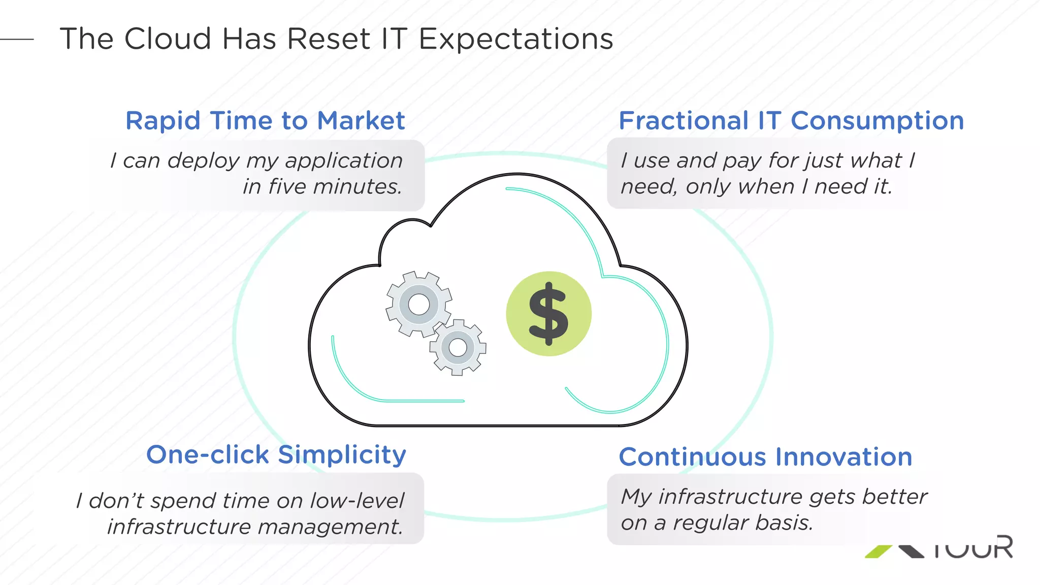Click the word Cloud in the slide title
pyautogui.click(x=168, y=39)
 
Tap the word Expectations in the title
pyautogui.click(x=516, y=40)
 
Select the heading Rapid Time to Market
pyautogui.click(x=265, y=121)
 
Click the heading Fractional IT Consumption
pyautogui.click(x=791, y=121)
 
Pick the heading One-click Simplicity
pyautogui.click(x=276, y=454)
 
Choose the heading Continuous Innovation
pyautogui.click(x=765, y=457)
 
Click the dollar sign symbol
pyautogui.click(x=548, y=314)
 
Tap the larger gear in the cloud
pyautogui.click(x=419, y=304)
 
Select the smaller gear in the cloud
pyautogui.click(x=458, y=347)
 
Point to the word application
pyautogui.click(x=344, y=161)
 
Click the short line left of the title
pyautogui.click(x=17, y=39)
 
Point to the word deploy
pyautogui.click(x=204, y=161)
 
